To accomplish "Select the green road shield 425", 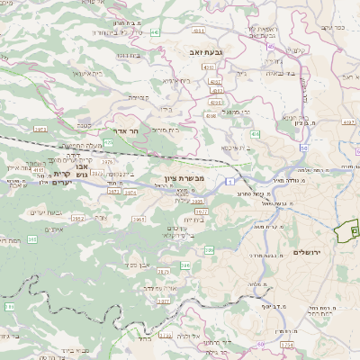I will coord(109,142).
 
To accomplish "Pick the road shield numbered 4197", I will coord(348,121).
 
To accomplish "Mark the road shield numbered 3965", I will coord(139,218).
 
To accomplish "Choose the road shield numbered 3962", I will coord(78,218).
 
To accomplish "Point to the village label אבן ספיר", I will coord(145,265).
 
